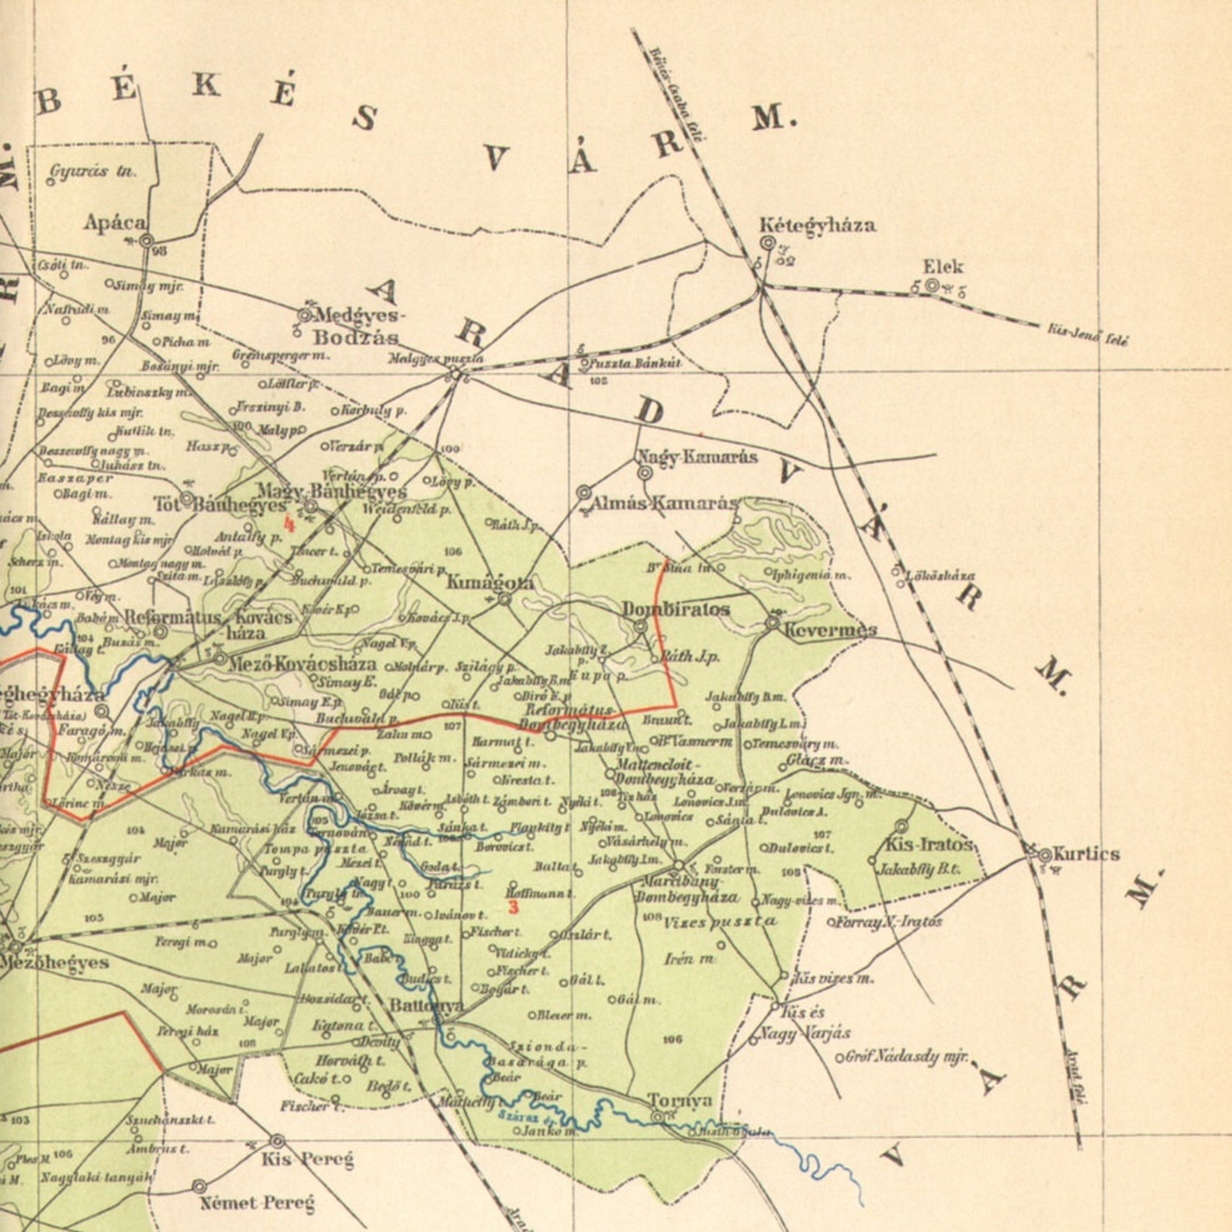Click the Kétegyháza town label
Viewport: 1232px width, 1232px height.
coord(817,225)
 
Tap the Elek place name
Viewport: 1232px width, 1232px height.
coord(943,267)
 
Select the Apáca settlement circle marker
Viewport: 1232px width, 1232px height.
coord(147,241)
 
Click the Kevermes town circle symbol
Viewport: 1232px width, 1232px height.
coord(773,622)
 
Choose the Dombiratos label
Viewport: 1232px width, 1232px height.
coord(676,609)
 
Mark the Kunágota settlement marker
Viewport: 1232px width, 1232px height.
coord(504,599)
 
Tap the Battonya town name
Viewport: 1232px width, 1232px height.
coord(425,1005)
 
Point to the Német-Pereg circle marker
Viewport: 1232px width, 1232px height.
coord(199,1186)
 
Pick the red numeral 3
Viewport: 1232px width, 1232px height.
coord(513,905)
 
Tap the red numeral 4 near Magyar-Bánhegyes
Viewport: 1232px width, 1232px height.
coord(289,524)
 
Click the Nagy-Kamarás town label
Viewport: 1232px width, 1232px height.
coord(697,456)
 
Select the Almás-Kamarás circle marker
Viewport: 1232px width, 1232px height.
coord(584,493)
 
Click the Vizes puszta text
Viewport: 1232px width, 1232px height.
coord(719,922)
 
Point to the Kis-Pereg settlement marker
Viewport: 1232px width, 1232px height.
coord(277,1141)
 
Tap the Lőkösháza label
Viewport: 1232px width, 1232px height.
coord(940,576)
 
